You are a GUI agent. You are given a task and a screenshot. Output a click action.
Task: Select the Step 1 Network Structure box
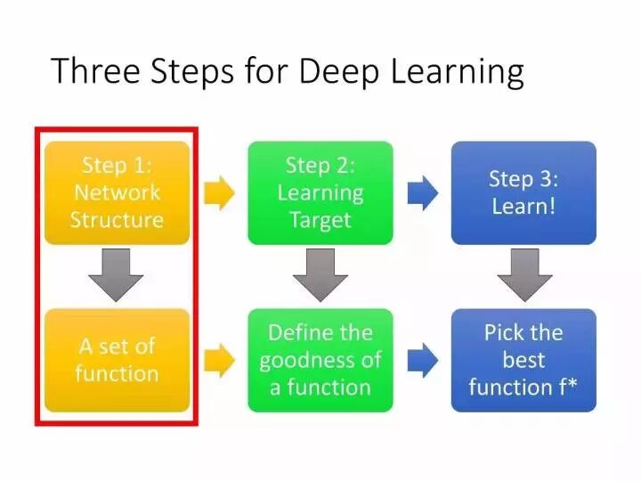click(x=117, y=193)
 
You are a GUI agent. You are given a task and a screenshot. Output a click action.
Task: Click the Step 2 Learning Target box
click(x=320, y=193)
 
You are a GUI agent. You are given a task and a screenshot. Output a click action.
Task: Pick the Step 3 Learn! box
click(x=523, y=193)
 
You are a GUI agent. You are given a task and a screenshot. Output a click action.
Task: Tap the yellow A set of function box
click(x=117, y=361)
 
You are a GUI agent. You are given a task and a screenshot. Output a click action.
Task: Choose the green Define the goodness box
click(x=320, y=361)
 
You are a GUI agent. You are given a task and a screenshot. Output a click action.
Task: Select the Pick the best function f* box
click(x=523, y=361)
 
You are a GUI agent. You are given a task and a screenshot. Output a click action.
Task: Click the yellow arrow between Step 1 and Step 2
click(x=220, y=193)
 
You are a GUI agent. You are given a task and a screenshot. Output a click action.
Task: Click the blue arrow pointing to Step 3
click(x=423, y=193)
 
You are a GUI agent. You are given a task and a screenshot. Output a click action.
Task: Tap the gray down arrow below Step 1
click(x=116, y=275)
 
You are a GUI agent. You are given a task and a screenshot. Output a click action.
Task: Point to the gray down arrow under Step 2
click(x=320, y=275)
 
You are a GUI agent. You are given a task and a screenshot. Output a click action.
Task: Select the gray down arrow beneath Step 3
click(x=525, y=275)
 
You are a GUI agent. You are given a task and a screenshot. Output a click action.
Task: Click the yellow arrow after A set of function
click(x=220, y=361)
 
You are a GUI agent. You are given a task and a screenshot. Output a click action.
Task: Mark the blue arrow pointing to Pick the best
click(x=423, y=361)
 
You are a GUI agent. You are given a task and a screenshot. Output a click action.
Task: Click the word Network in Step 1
click(x=117, y=192)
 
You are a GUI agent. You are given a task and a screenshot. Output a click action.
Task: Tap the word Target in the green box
click(x=320, y=221)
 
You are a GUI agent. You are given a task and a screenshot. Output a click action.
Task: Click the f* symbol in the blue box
click(x=568, y=386)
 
